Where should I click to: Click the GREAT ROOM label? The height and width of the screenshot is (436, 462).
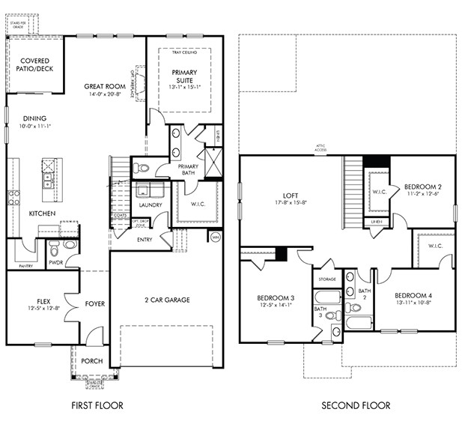103,87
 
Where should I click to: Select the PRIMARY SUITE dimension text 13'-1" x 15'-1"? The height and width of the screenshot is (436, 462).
183,87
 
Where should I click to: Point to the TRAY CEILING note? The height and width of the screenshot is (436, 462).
183,52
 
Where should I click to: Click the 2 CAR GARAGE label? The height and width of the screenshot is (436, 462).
166,300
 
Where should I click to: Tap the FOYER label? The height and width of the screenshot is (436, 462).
94,304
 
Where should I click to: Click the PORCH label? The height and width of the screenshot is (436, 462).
91,361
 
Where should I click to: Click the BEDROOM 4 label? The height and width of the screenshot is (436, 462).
414,295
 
